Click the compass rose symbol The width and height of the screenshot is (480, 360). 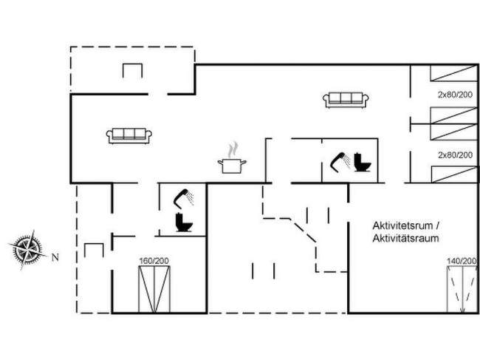[x=27, y=249]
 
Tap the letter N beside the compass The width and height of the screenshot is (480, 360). [x=55, y=258]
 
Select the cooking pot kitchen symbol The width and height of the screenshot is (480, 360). [x=232, y=166]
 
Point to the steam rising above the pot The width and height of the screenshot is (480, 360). [x=233, y=149]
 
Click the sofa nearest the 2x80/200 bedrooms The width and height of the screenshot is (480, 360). [x=346, y=100]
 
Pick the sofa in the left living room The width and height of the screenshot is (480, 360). [x=129, y=136]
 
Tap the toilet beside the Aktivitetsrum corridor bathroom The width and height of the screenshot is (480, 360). [x=362, y=162]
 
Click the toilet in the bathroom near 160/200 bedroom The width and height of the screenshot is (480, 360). [x=184, y=222]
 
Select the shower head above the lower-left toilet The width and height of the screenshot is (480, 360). [x=183, y=198]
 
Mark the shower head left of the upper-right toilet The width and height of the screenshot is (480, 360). [x=340, y=163]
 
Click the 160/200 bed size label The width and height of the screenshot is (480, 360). [x=154, y=261]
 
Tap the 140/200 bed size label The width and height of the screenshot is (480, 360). [x=462, y=261]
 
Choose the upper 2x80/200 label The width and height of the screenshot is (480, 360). [x=455, y=95]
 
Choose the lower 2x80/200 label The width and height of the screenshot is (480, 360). [x=455, y=155]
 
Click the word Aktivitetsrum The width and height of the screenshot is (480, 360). [x=402, y=225]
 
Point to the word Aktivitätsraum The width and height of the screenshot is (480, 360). [x=405, y=238]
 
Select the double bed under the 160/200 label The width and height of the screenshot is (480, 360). [x=154, y=290]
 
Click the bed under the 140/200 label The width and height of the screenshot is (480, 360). [x=462, y=290]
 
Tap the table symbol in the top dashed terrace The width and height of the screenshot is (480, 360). [x=132, y=70]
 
